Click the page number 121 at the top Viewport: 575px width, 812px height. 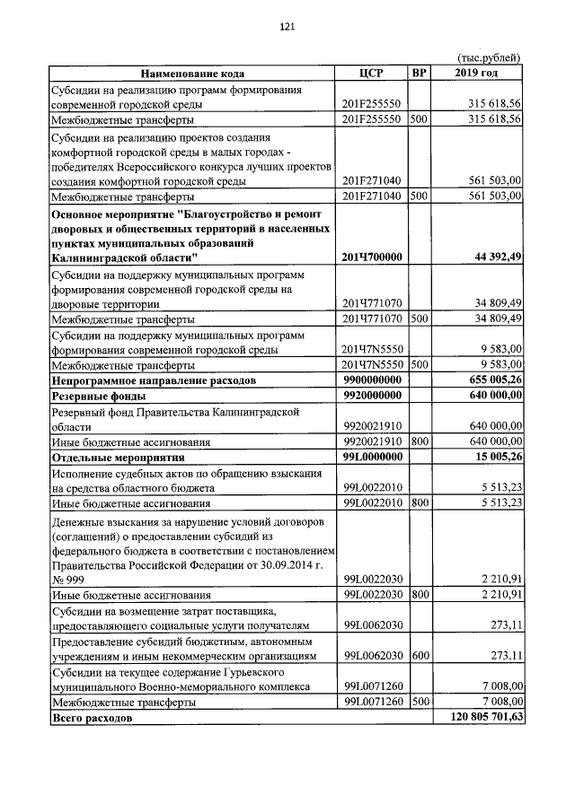(287, 27)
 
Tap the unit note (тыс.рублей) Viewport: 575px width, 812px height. (489, 58)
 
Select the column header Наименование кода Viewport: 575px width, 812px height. (191, 74)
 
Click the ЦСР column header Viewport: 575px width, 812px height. (371, 74)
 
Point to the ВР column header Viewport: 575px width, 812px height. (419, 74)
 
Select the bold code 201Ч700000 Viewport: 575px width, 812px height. (372, 258)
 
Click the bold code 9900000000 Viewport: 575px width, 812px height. (372, 380)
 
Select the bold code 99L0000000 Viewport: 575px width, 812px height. (372, 457)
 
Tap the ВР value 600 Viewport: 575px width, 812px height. (418, 656)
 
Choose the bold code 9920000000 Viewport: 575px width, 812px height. (372, 396)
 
